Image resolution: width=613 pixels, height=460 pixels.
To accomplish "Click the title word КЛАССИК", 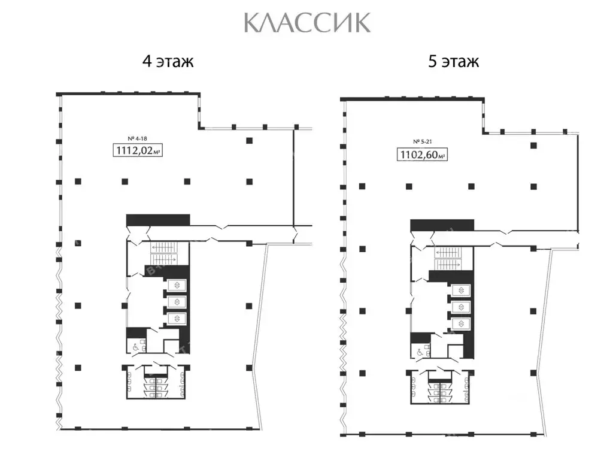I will coord(307,23).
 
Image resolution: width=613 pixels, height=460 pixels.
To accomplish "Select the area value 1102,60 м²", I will coord(422,156).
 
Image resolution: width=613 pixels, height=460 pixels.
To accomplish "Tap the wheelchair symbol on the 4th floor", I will coord(135,346).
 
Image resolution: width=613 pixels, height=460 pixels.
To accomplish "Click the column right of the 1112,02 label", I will coord(248,140).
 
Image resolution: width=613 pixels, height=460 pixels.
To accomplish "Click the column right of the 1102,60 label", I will coord(533,146).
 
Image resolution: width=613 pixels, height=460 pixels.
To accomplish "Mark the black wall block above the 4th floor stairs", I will coord(158,220).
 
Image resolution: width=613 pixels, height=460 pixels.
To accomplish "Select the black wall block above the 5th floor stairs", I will coord(442,225).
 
